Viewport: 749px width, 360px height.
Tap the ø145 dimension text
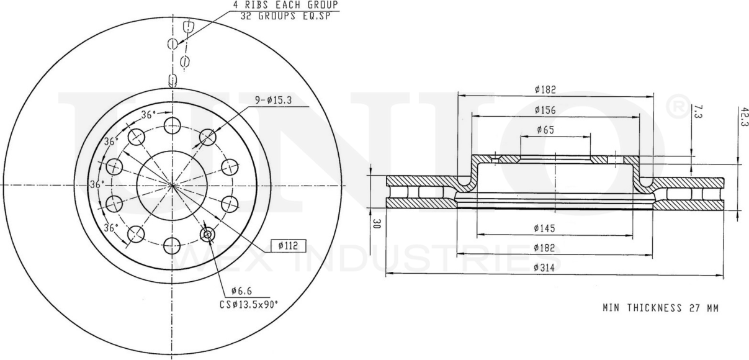point(544,228)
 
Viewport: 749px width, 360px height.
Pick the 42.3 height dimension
point(743,116)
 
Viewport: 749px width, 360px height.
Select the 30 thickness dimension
point(377,223)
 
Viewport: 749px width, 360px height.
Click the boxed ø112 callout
point(289,246)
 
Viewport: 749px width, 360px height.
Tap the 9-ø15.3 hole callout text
point(274,99)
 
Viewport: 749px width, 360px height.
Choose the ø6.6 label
point(241,291)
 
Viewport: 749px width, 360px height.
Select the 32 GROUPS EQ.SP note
point(285,16)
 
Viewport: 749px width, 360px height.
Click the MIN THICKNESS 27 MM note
point(660,307)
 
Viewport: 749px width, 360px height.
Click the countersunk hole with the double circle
point(207,234)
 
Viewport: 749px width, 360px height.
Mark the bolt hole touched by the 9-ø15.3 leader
point(207,137)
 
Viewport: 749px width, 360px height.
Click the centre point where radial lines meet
point(171,185)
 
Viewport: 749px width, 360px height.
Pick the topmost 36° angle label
point(148,115)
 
